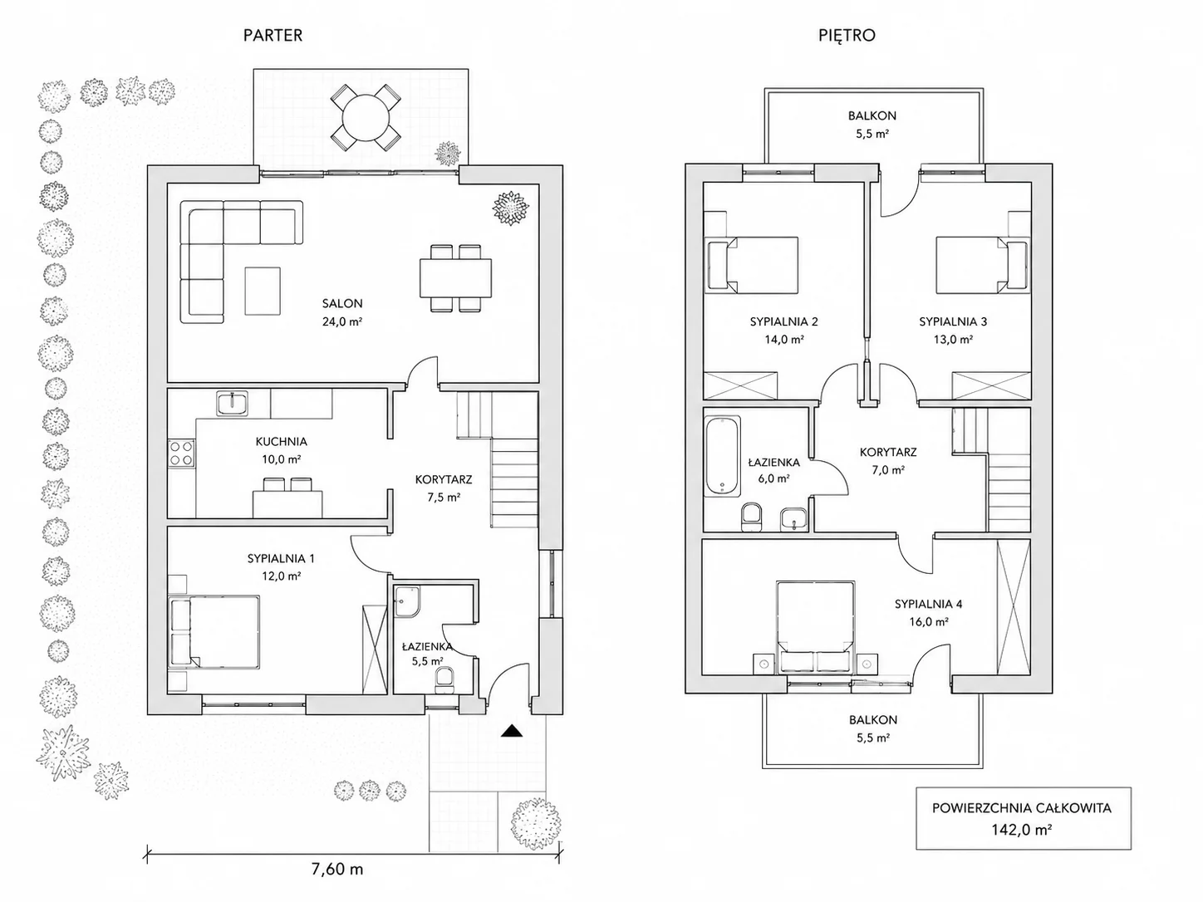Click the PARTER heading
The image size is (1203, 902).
[x=273, y=36]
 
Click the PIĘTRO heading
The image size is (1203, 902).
[x=847, y=36]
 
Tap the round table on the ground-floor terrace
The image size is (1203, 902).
[x=366, y=118]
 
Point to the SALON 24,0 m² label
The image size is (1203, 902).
[x=342, y=312]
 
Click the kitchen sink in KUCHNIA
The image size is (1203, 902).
[x=233, y=404]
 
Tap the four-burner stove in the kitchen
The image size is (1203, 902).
[x=181, y=453]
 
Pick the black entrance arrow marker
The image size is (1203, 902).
[x=511, y=730]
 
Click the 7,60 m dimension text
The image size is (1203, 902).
[x=337, y=869]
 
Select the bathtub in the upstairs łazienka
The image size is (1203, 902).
[x=722, y=456]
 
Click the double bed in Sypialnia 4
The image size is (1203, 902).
[x=816, y=626]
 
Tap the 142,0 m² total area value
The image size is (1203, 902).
[x=1022, y=830]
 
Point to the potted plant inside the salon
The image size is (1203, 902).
[x=510, y=208]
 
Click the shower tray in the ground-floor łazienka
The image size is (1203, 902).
[x=408, y=602]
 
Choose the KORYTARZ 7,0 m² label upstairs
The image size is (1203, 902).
[x=888, y=461]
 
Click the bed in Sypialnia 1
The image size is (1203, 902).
[x=214, y=631]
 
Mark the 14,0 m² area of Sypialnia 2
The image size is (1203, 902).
[x=784, y=340]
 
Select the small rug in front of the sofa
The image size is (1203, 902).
[x=263, y=291]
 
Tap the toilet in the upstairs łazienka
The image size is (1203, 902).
[x=751, y=517]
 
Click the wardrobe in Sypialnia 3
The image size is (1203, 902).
[x=991, y=385]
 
